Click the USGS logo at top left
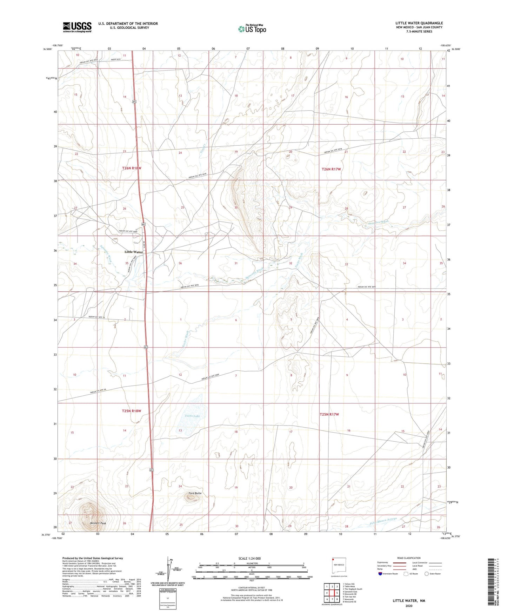point(77,27)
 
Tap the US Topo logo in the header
point(252,29)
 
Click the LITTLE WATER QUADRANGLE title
point(419,23)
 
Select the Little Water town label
point(134,252)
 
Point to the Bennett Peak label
point(98,523)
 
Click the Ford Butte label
point(195,493)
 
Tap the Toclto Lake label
point(192,416)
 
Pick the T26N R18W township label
point(132,168)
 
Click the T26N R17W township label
point(331,169)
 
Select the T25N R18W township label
point(131,411)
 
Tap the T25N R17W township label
point(329,414)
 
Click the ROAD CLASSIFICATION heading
point(409,558)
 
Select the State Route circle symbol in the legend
point(427,574)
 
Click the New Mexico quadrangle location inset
point(339,566)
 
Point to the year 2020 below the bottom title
point(409,606)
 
